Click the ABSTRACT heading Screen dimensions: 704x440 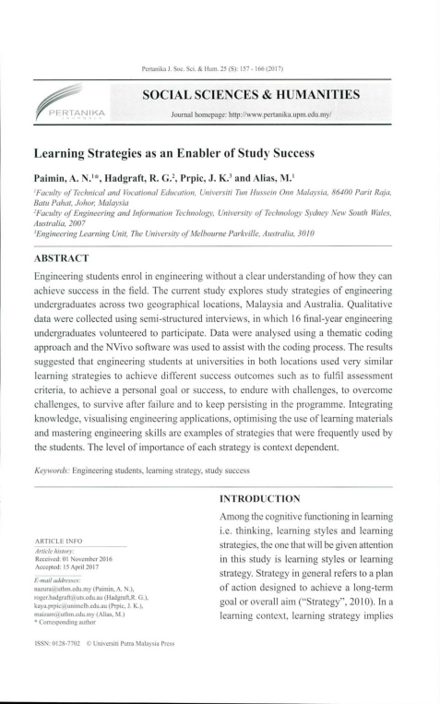click(61, 258)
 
